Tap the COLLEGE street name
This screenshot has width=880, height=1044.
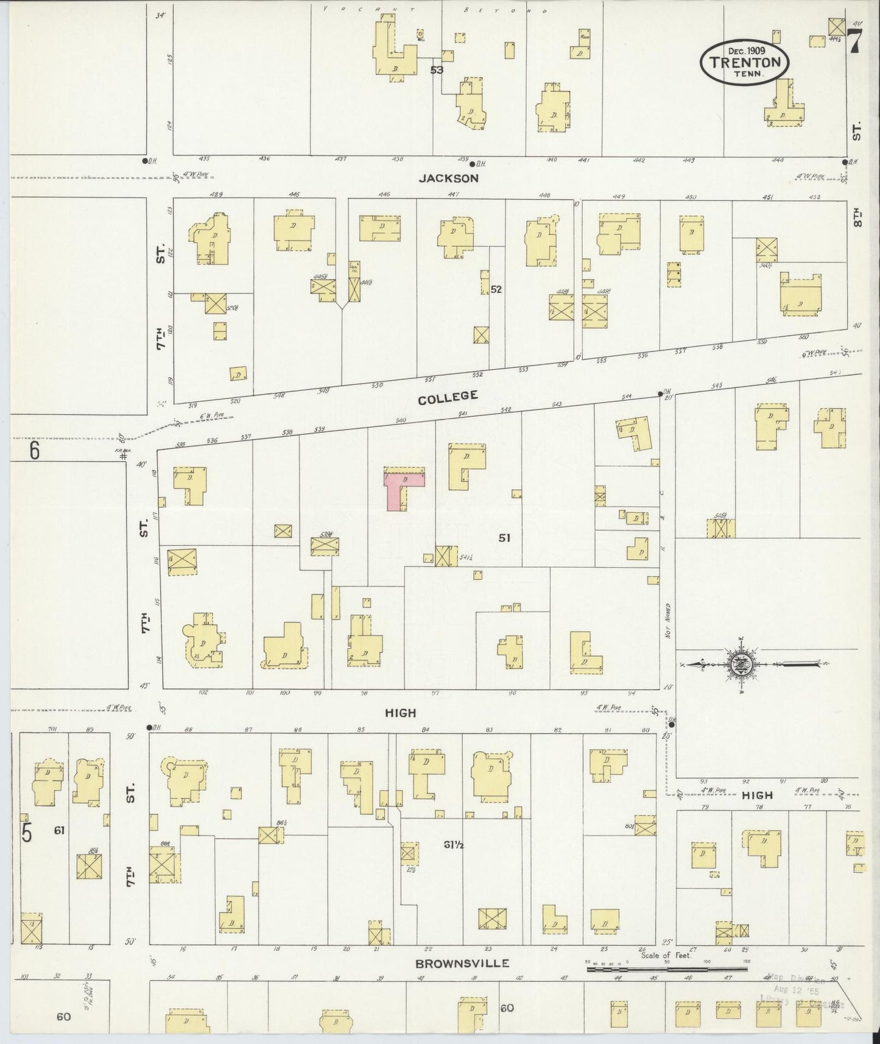click(x=448, y=397)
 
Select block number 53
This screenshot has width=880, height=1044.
click(x=436, y=70)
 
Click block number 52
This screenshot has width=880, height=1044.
click(x=496, y=289)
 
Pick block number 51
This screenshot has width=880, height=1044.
click(x=504, y=538)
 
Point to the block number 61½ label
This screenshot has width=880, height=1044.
click(x=454, y=845)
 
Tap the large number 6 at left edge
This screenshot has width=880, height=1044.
click(x=34, y=451)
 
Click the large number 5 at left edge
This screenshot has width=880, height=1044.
click(x=27, y=834)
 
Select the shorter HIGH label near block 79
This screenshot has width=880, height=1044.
click(x=757, y=795)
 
